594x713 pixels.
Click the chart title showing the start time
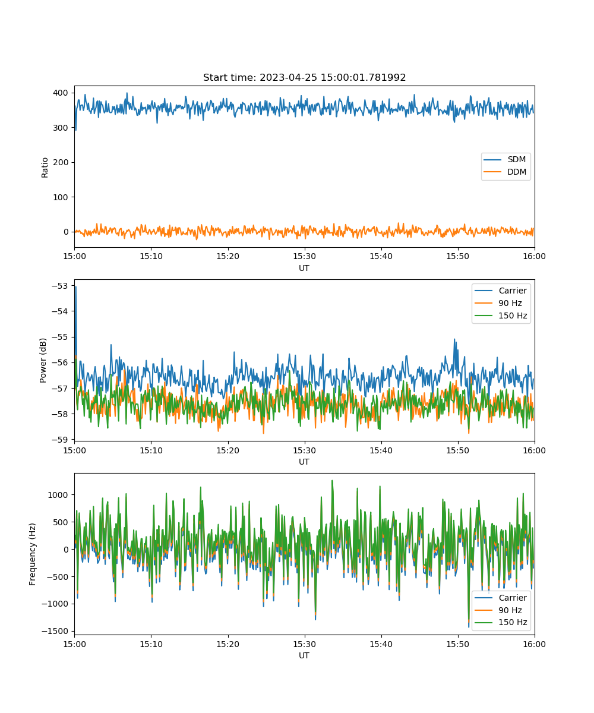click(x=304, y=77)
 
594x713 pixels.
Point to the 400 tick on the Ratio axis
click(x=61, y=93)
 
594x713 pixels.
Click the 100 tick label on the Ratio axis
click(x=61, y=197)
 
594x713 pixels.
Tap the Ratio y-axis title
click(x=45, y=168)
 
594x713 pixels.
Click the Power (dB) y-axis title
click(x=43, y=360)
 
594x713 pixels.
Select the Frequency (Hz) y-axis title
click(x=32, y=554)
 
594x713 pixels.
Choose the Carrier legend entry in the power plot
click(x=501, y=291)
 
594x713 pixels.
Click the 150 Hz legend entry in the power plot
click(x=501, y=316)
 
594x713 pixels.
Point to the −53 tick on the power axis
click(x=60, y=286)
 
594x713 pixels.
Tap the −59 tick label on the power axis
click(x=60, y=440)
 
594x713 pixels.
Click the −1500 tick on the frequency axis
click(x=55, y=631)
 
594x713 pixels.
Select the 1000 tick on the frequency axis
click(x=58, y=495)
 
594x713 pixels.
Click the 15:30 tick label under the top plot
click(x=305, y=256)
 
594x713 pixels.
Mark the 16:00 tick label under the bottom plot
click(x=534, y=644)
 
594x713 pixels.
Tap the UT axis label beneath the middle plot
click(x=304, y=462)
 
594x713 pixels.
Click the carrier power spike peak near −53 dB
click(x=76, y=287)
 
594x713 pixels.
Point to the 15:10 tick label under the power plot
click(x=151, y=450)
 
